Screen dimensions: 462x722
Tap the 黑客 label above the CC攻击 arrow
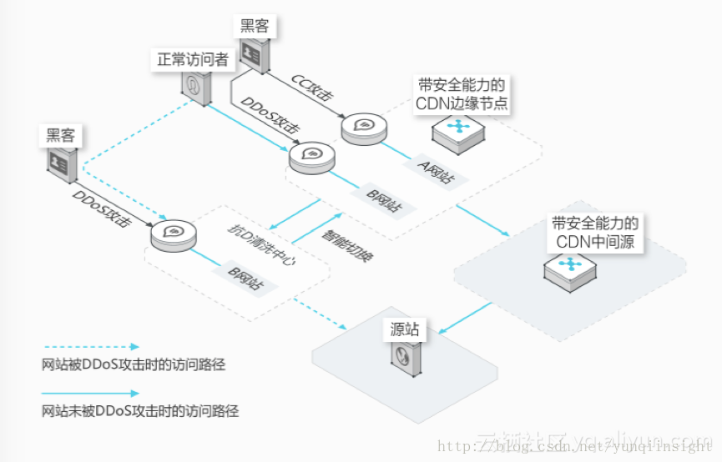point(255,26)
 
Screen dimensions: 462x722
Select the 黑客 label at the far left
point(59,134)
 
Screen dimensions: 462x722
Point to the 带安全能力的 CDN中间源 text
point(596,233)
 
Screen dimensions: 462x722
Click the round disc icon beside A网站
point(364,128)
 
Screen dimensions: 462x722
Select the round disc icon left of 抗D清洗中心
point(174,234)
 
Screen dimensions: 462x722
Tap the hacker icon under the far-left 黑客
point(62,162)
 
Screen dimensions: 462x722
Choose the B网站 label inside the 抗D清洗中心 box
point(246,278)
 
